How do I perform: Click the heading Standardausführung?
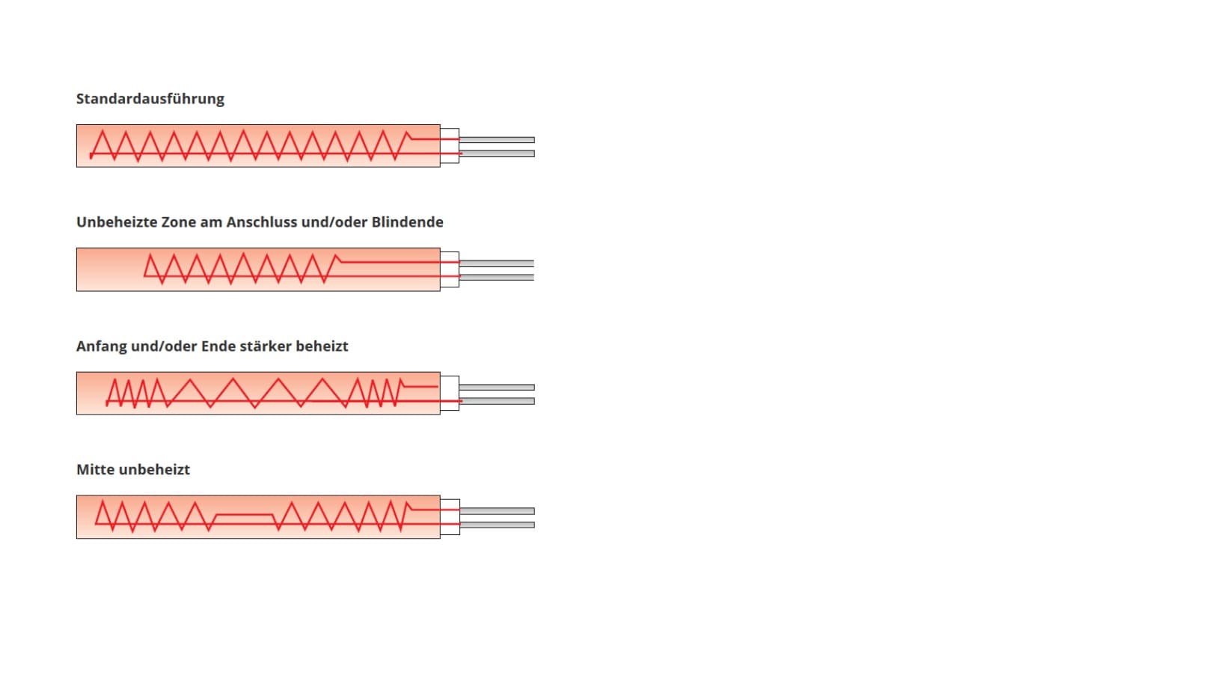(150, 100)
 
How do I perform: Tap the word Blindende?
(408, 222)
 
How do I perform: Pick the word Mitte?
(95, 470)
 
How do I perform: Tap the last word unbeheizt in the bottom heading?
(154, 470)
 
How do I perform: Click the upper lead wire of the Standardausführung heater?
(497, 140)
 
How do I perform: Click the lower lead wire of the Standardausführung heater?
(497, 153)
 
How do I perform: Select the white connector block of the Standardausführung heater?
(450, 146)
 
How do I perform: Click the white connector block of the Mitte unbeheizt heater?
(450, 517)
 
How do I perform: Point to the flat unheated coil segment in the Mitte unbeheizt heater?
(245, 515)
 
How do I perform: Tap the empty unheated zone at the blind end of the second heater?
(109, 269)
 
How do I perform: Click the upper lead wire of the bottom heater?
(497, 511)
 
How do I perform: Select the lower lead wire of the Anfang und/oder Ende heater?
(497, 401)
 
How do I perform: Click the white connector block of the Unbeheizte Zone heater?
(450, 269)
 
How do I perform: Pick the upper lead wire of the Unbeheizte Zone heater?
(497, 263)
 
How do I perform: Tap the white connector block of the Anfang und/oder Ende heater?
(450, 393)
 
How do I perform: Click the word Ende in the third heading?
(220, 346)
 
